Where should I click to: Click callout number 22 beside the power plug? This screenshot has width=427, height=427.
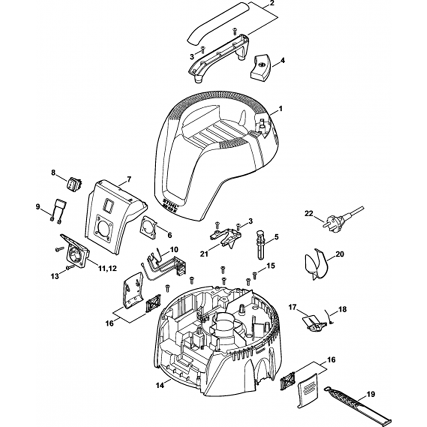point(309,213)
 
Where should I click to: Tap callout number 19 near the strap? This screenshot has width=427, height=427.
point(371,394)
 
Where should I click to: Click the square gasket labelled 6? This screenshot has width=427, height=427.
point(148,225)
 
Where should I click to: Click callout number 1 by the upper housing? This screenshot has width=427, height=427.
point(281,110)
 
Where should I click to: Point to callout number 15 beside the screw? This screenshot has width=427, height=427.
point(271,266)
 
